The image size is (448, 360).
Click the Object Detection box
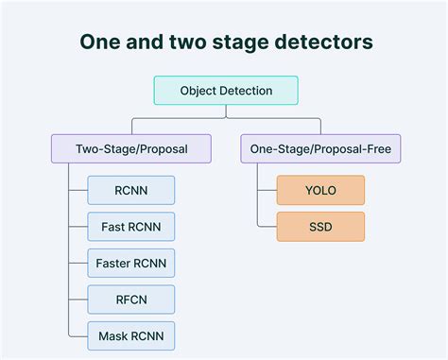click(x=225, y=91)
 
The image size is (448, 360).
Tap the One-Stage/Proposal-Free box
click(x=320, y=148)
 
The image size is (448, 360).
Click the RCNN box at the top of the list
click(x=131, y=190)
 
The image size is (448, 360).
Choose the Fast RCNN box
click(x=131, y=227)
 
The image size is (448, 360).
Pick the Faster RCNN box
click(x=131, y=263)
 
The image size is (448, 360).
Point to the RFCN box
click(x=131, y=299)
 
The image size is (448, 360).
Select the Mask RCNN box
click(x=131, y=334)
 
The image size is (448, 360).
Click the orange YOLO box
click(x=320, y=190)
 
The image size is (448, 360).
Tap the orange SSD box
click(x=320, y=227)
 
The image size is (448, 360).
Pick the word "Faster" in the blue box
click(x=116, y=263)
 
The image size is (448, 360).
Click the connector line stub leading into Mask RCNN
click(x=78, y=334)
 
